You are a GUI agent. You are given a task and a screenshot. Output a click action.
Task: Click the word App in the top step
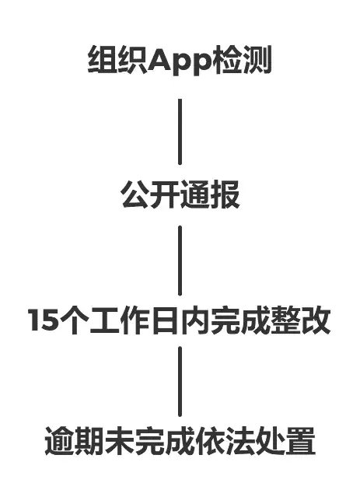pyautogui.click(x=180, y=61)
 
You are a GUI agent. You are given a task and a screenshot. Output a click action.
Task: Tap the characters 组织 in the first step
pyautogui.click(x=118, y=59)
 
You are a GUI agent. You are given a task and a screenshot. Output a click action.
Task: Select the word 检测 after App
pyautogui.click(x=242, y=59)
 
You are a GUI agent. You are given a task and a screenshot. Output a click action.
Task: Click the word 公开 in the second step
pyautogui.click(x=150, y=194)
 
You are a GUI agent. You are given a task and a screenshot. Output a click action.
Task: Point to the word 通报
pyautogui.click(x=210, y=194)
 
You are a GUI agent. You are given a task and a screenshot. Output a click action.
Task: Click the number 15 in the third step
pyautogui.click(x=43, y=320)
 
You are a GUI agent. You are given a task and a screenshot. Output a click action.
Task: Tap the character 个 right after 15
pyautogui.click(x=74, y=320)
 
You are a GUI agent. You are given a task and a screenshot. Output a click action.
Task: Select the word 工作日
pyautogui.click(x=135, y=320)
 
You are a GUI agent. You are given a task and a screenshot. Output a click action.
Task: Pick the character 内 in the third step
pyautogui.click(x=194, y=320)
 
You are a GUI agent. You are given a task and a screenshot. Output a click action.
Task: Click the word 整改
pyautogui.click(x=301, y=320)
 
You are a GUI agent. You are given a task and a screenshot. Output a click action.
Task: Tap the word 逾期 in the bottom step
pyautogui.click(x=75, y=441)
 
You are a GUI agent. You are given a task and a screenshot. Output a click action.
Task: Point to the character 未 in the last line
pyautogui.click(x=120, y=441)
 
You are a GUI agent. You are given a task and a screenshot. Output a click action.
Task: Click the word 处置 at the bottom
pyautogui.click(x=285, y=441)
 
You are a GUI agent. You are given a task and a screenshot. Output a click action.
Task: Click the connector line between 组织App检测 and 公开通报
pyautogui.click(x=180, y=131)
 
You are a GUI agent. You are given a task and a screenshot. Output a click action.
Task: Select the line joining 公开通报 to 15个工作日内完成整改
pyautogui.click(x=180, y=261)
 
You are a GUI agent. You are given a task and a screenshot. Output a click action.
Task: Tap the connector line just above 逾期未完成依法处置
pyautogui.click(x=180, y=381)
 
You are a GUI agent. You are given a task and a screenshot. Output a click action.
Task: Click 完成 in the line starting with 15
pyautogui.click(x=240, y=320)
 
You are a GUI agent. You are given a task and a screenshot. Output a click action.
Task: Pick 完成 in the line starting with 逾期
pyautogui.click(x=165, y=441)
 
